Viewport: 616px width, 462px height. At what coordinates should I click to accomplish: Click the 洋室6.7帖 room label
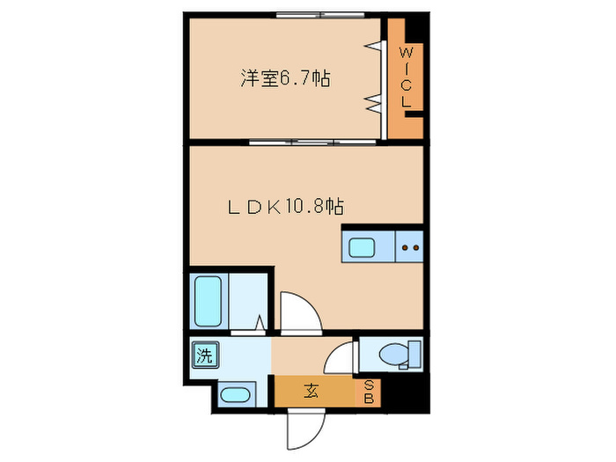286,78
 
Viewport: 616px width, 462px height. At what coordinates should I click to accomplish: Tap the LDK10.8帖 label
286,208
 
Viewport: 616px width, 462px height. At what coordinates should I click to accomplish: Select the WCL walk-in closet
406,77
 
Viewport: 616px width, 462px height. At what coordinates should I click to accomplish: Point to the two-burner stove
409,247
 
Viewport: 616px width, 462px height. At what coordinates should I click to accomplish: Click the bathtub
207,302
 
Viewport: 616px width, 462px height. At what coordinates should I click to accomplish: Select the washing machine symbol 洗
204,356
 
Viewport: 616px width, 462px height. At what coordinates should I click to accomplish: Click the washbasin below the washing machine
235,393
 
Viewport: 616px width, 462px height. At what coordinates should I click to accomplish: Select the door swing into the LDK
297,311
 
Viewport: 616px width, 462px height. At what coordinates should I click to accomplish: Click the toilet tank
414,354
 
